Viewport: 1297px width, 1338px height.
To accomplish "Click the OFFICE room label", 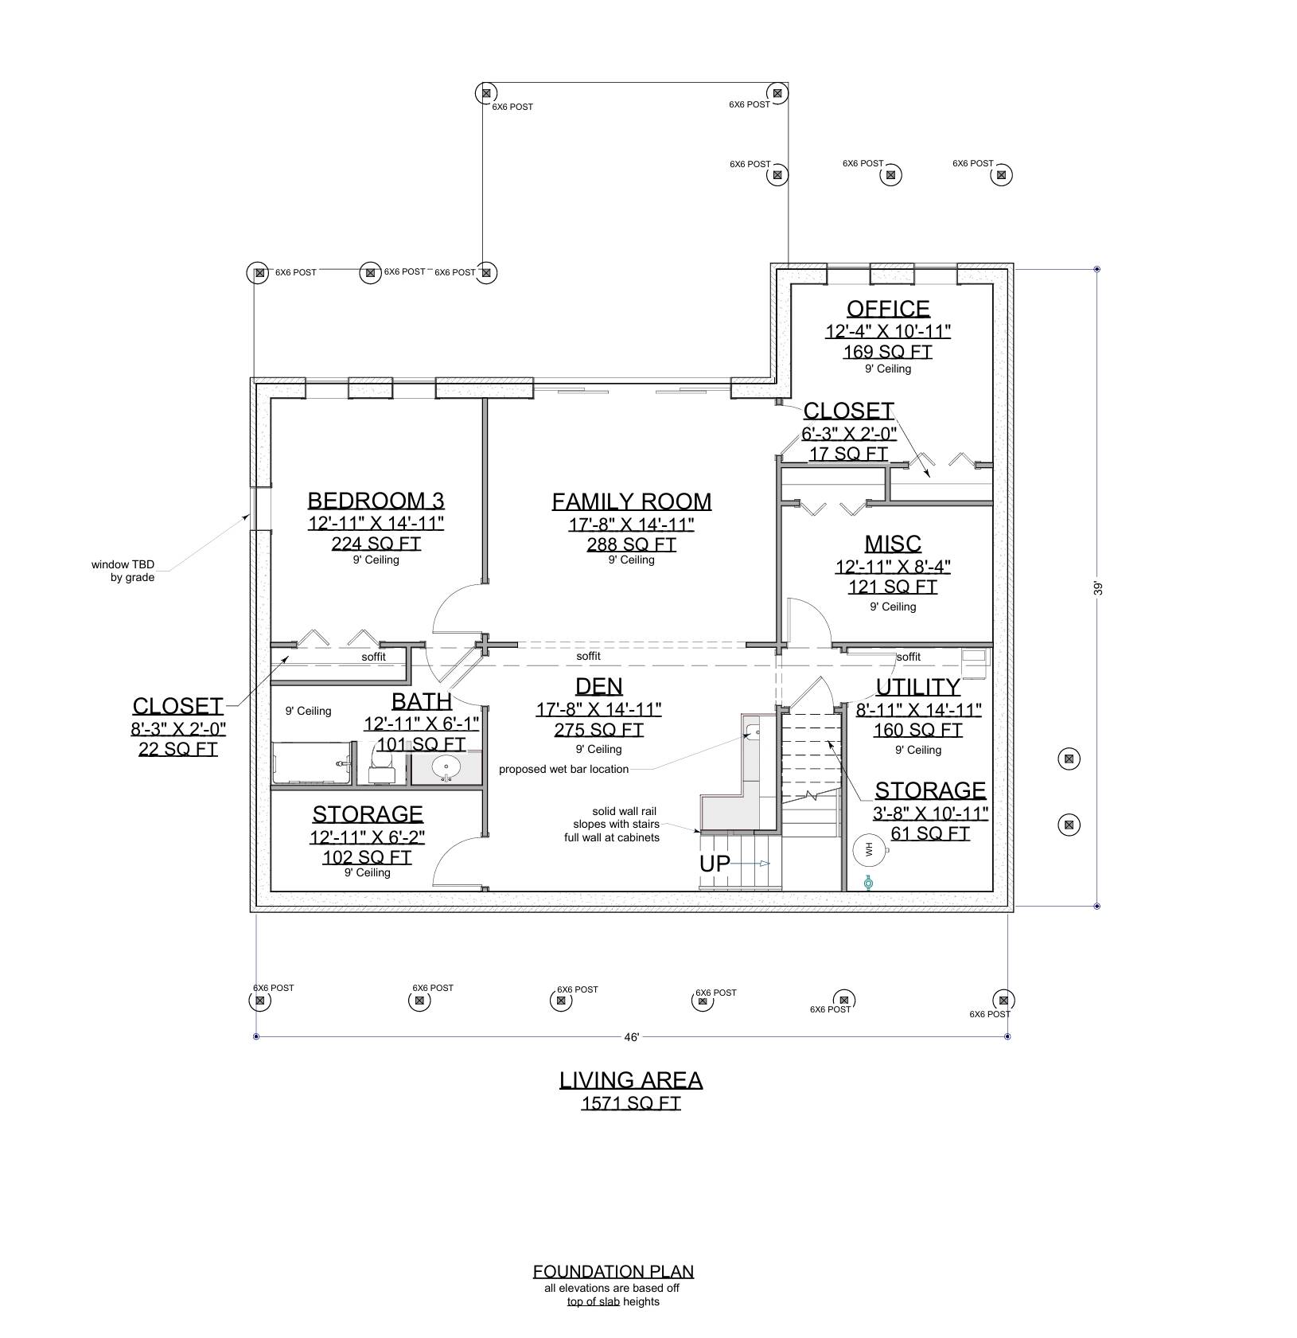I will [887, 309].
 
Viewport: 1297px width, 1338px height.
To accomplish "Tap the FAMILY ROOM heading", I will [632, 501].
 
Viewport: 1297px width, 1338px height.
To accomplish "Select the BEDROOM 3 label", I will [376, 501].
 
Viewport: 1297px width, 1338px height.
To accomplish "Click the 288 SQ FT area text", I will [632, 544].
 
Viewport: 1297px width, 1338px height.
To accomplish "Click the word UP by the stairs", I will [715, 864].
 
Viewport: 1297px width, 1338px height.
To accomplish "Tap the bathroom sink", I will [446, 769].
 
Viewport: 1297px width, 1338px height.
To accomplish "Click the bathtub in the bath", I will [313, 763].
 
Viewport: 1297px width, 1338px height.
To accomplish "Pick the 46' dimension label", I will [632, 1037].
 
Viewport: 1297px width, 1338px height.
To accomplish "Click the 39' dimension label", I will [1098, 588].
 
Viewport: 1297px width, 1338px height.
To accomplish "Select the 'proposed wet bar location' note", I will [563, 770].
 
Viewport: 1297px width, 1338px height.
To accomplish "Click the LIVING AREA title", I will [631, 1080].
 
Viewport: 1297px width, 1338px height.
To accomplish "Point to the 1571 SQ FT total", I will [631, 1103].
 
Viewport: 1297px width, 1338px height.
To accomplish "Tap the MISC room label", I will [893, 544].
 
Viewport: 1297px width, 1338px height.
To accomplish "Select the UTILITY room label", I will [917, 687].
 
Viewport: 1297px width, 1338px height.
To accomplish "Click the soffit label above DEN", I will [588, 656].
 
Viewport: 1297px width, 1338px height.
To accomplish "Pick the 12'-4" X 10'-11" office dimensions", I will [887, 331].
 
